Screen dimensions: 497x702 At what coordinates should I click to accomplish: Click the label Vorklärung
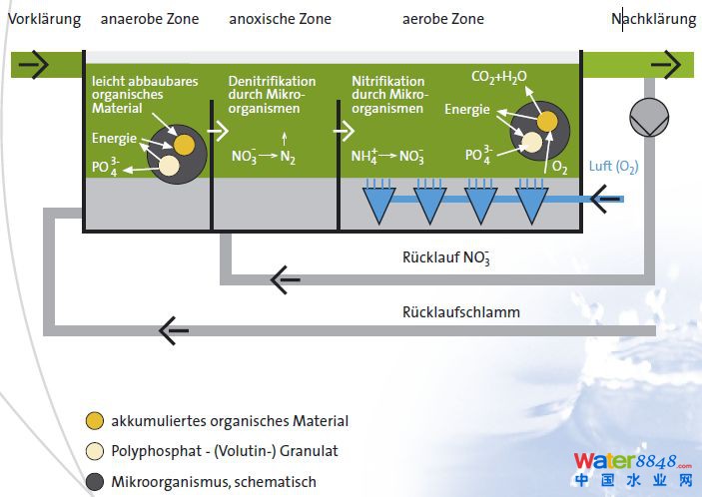pos(44,19)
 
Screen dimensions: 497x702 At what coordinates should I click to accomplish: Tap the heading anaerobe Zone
pos(150,19)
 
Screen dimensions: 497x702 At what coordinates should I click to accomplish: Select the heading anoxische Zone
pos(280,19)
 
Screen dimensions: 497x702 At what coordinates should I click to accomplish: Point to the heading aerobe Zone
pos(443,19)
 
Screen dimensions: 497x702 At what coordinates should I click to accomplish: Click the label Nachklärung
pos(654,19)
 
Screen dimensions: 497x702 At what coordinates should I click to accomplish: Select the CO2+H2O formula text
pos(499,76)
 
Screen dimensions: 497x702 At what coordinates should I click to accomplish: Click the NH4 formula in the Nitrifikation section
pos(365,157)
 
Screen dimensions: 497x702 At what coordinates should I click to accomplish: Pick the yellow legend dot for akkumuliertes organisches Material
pos(96,421)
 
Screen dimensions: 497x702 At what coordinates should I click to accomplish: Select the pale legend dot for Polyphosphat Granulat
pos(96,451)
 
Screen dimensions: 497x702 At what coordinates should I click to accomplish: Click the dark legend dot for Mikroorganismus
pos(96,482)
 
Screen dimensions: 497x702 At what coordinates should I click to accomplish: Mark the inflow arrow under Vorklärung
pos(33,65)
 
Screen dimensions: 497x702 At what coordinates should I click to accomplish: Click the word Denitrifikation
pos(272,81)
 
